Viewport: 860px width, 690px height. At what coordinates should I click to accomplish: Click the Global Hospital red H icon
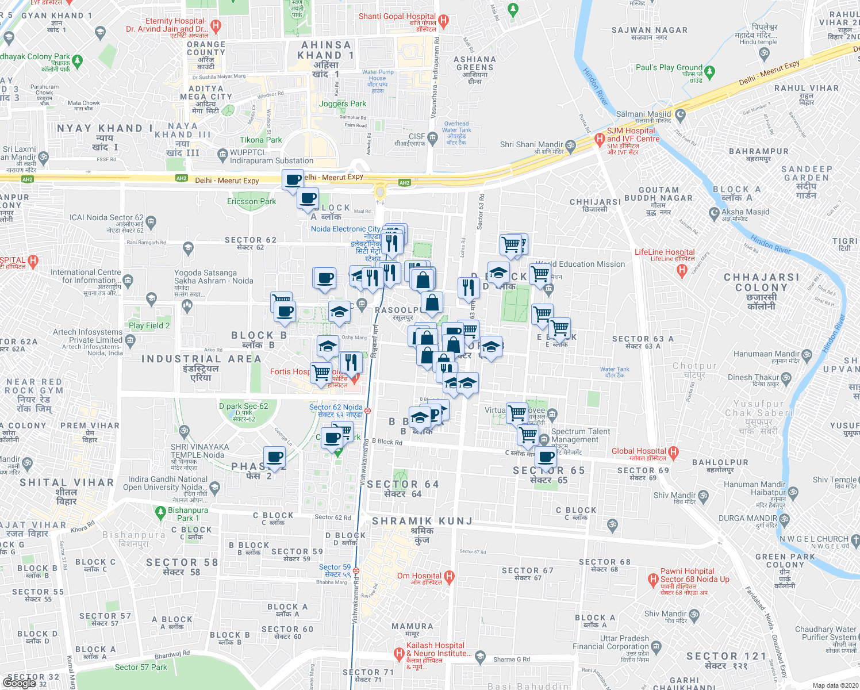674,452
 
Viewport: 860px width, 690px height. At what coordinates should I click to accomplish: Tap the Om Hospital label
419,576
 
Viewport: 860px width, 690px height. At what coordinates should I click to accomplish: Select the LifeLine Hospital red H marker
682,269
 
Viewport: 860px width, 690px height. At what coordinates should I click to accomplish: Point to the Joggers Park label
343,104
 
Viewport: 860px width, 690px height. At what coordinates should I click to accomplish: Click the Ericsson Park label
251,201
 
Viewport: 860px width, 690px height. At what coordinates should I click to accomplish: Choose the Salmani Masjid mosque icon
681,114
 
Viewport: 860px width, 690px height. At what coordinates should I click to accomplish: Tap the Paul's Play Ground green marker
709,72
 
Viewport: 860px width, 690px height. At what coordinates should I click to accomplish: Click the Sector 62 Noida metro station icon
367,411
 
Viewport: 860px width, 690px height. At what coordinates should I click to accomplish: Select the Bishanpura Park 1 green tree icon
160,511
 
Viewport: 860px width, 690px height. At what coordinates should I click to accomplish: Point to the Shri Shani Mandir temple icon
570,145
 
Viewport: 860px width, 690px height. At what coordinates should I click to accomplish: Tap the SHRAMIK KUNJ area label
422,522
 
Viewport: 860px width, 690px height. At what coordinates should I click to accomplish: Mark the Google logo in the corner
19,683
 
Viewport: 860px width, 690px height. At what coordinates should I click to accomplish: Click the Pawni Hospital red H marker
652,579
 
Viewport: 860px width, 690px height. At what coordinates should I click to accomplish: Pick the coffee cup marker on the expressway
293,179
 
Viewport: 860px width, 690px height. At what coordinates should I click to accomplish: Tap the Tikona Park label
261,140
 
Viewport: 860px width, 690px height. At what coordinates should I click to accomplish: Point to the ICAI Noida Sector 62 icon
151,221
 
